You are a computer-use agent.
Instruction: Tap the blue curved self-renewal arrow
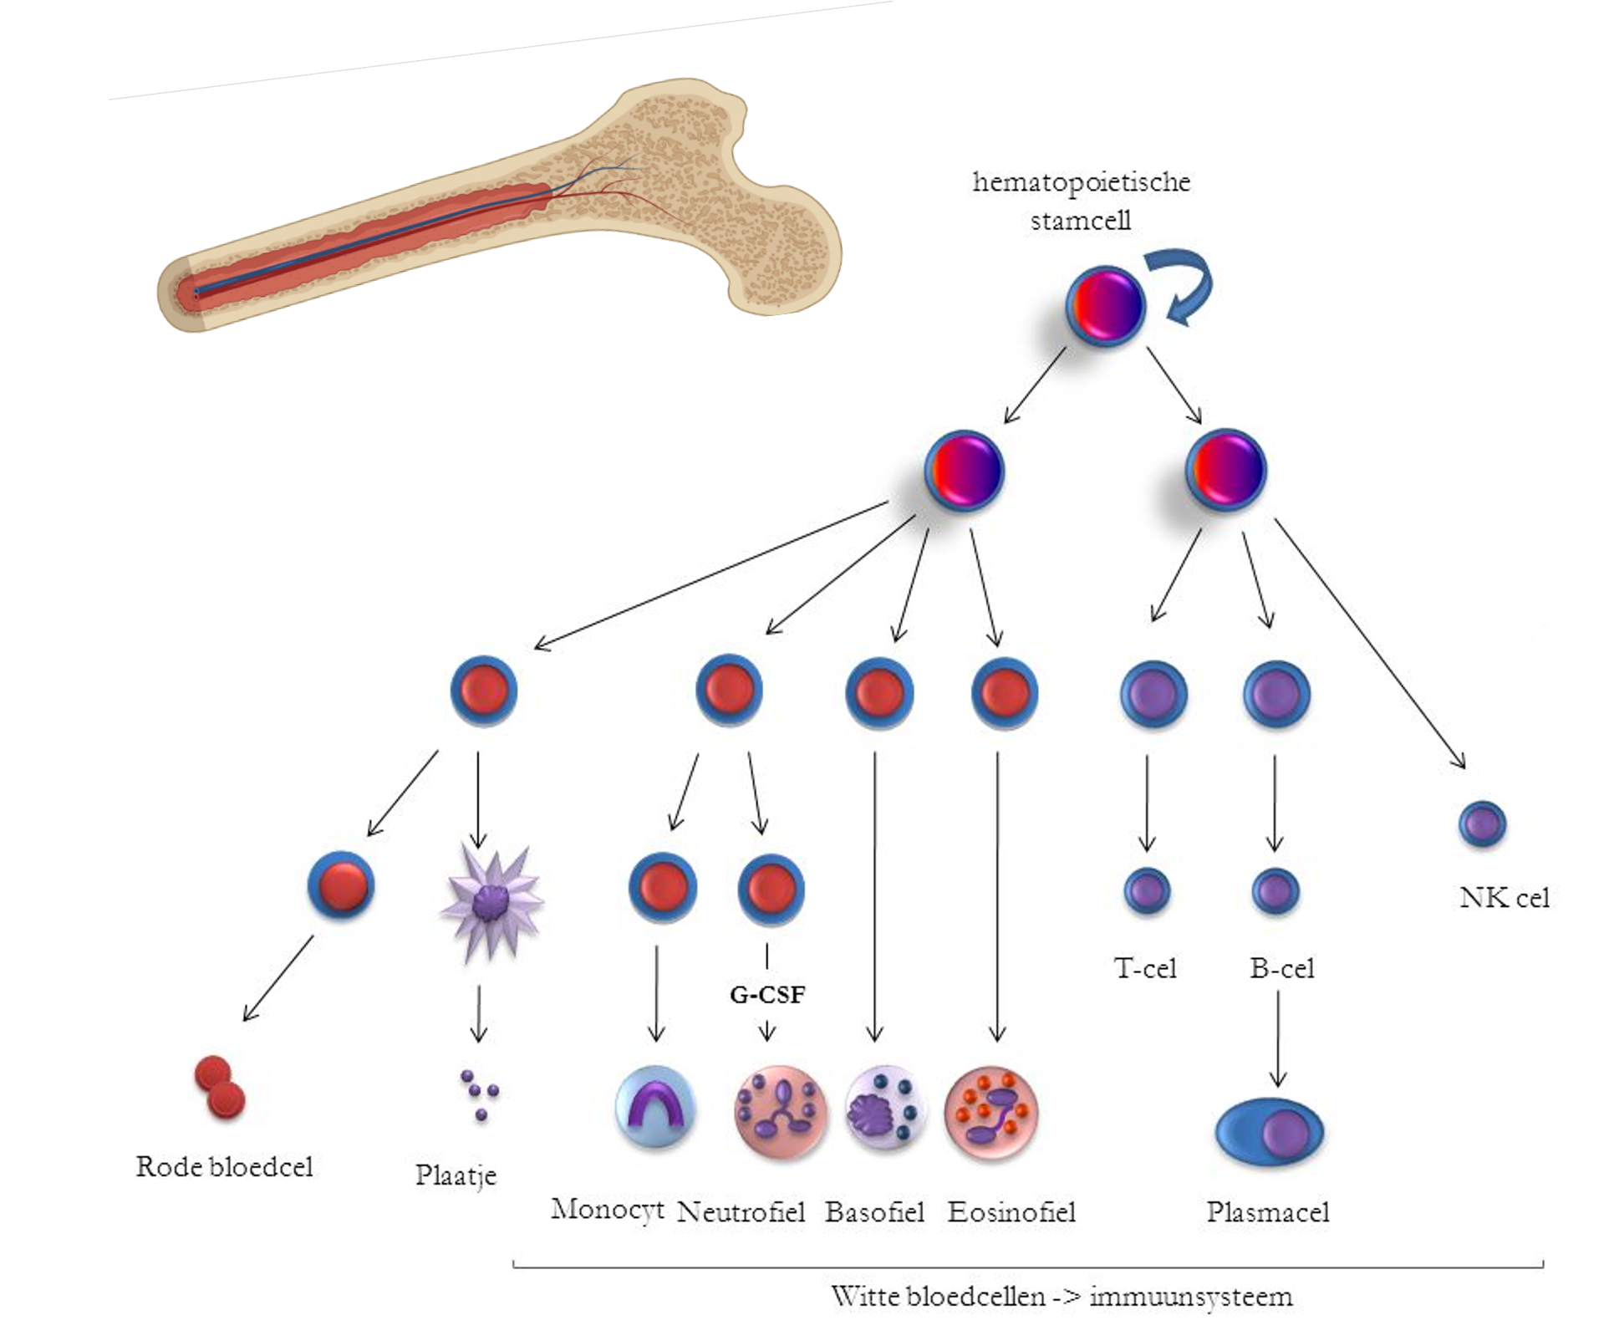1179,288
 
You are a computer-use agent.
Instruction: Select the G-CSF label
767,995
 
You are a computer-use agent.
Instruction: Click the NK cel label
1505,898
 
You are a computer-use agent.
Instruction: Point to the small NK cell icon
1483,824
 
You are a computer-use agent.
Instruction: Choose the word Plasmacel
1267,1212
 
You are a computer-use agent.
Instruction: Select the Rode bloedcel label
224,1167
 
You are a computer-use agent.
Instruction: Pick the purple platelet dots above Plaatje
479,1093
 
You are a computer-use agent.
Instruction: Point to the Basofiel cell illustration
885,1110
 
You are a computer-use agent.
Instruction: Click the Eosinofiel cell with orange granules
991,1112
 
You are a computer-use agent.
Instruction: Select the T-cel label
1145,968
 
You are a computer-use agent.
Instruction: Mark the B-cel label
1281,968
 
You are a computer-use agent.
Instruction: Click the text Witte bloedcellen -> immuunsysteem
1062,1297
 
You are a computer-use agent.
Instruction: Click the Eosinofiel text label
1011,1212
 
